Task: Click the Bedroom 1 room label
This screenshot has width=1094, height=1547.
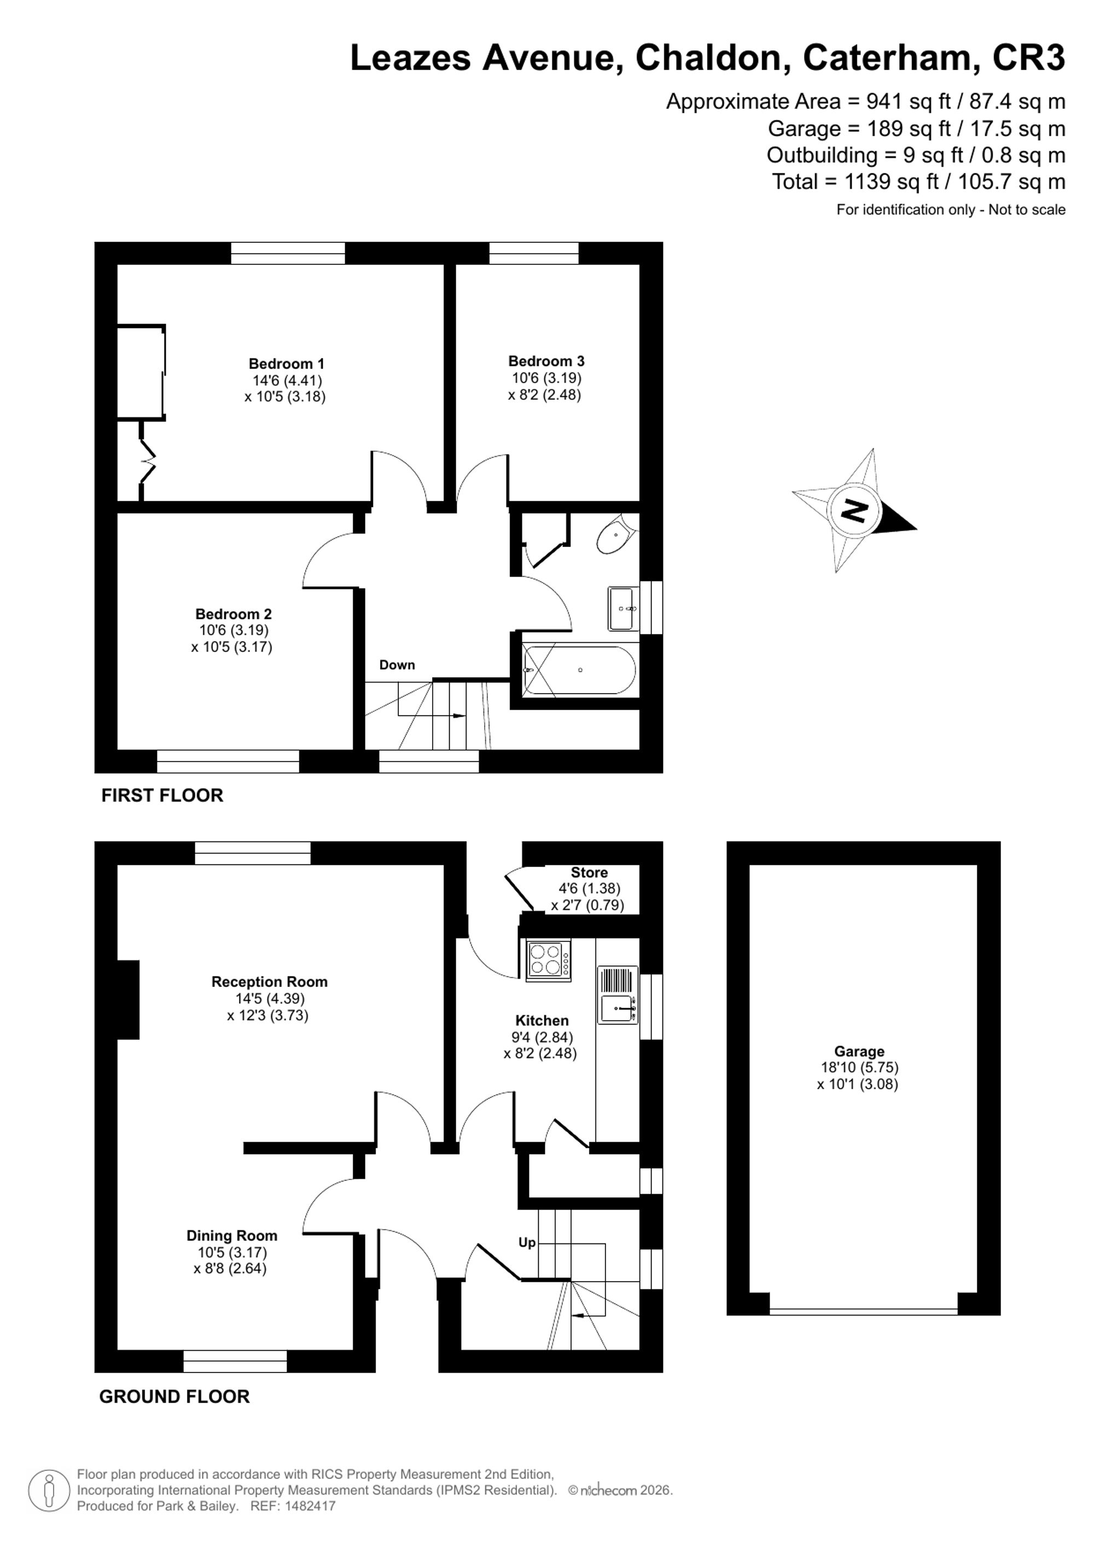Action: pos(286,364)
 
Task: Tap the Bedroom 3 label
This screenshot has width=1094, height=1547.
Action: pos(546,361)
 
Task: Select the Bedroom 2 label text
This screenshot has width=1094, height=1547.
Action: pos(233,614)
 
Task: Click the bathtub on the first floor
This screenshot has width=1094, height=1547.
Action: pos(579,670)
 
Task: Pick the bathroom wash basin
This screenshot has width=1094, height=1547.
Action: pos(623,608)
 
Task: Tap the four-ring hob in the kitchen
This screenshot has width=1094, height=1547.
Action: pos(548,960)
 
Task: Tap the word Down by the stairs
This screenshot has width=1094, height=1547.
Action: pos(397,665)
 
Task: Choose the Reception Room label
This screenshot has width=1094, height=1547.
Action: pos(270,982)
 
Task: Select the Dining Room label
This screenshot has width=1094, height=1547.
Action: pos(232,1236)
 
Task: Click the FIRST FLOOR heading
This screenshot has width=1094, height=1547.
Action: pos(162,796)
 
